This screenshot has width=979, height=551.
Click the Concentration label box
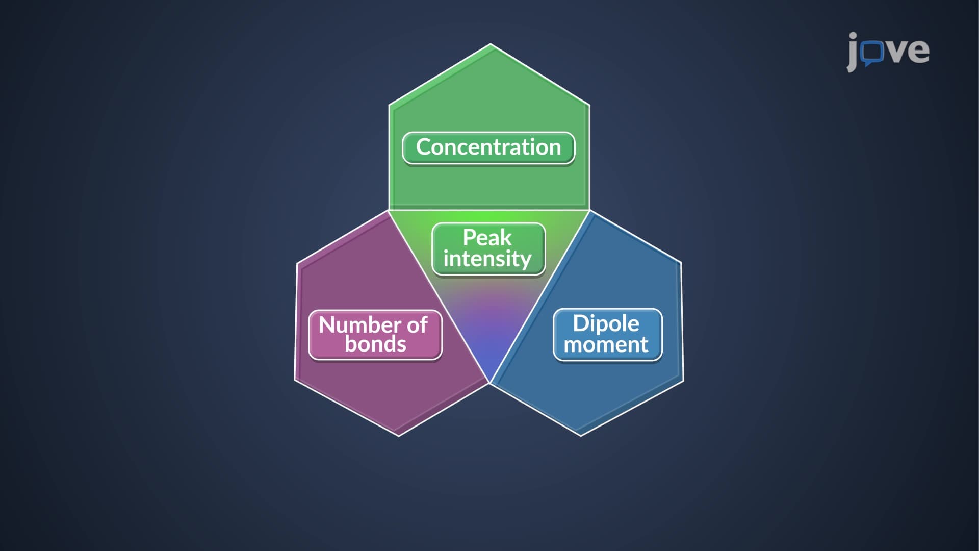click(488, 148)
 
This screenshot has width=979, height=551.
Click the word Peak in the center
click(487, 237)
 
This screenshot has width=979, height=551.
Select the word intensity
click(487, 259)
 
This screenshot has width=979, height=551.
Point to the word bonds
click(375, 344)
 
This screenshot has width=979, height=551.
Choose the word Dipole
click(606, 324)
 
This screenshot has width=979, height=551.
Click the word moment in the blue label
click(606, 345)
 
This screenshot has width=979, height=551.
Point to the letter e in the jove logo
click(918, 51)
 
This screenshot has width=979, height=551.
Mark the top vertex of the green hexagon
click(491, 44)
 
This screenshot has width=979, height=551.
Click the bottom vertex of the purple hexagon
click(399, 436)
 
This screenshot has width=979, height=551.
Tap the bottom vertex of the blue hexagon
click(581, 436)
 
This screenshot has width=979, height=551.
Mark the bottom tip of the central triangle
click(489, 383)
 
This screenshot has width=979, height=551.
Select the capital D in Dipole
click(581, 323)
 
